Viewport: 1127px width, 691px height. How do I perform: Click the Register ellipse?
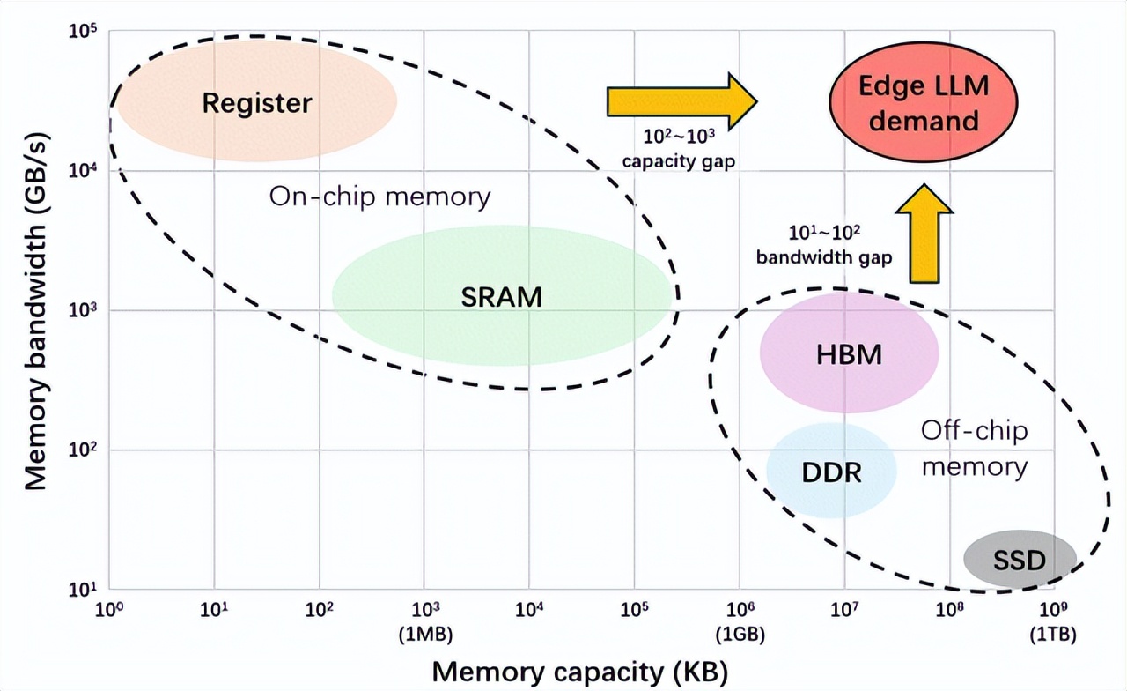point(257,102)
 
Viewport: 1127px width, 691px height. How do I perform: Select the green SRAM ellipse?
point(502,296)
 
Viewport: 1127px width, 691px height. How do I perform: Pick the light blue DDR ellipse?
point(831,471)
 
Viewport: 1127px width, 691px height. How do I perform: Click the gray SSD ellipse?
point(1020,559)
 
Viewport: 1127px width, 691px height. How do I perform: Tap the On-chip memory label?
point(379,196)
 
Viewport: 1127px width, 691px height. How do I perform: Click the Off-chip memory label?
point(974,448)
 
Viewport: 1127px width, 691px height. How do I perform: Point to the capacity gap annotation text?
point(678,151)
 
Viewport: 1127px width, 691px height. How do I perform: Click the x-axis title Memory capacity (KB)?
point(579,672)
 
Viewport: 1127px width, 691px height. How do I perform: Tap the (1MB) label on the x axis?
point(424,635)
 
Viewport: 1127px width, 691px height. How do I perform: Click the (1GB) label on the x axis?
point(740,635)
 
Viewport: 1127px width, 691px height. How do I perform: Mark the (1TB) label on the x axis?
point(1053,635)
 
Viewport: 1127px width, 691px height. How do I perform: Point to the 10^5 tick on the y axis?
point(82,33)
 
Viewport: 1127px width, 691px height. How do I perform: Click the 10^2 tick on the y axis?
point(82,450)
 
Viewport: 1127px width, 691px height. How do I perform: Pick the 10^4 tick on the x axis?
point(529,609)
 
